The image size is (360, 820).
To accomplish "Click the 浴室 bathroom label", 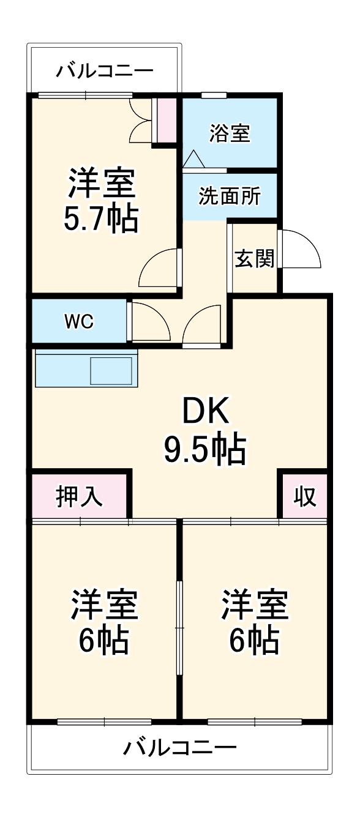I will (x=230, y=133).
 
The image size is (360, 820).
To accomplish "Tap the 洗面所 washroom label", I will (x=229, y=196).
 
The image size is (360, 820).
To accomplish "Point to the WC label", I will (x=80, y=321).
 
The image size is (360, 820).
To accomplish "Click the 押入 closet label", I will (x=80, y=496).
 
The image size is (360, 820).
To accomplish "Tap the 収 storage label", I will (x=304, y=496).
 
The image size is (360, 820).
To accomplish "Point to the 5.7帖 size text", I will (x=101, y=218).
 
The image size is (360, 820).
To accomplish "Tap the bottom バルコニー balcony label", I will (x=180, y=748).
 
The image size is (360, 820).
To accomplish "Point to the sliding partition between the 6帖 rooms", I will (x=179, y=628).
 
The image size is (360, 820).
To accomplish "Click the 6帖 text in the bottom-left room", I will (x=102, y=641).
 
